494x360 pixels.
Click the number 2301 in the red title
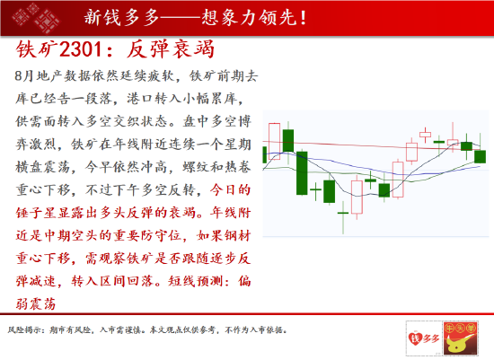pyautogui.click(x=80, y=49)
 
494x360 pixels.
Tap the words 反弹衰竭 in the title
pyautogui.click(x=171, y=49)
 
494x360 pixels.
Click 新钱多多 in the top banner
pyautogui.click(x=121, y=17)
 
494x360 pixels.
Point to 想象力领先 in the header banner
pyautogui.click(x=249, y=17)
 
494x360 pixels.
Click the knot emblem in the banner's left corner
pyautogui.click(x=35, y=17)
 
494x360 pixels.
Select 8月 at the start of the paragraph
pyautogui.click(x=24, y=76)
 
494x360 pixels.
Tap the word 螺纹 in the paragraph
pyautogui.click(x=196, y=167)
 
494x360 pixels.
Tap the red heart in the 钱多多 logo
pyautogui.click(x=415, y=338)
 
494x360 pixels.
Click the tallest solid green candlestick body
pyautogui.click(x=302, y=173)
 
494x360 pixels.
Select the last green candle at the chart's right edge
pyautogui.click(x=481, y=156)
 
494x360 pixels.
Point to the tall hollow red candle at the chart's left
pyautogui.click(x=274, y=142)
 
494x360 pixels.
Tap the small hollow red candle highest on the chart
pyautogui.click(x=426, y=135)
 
